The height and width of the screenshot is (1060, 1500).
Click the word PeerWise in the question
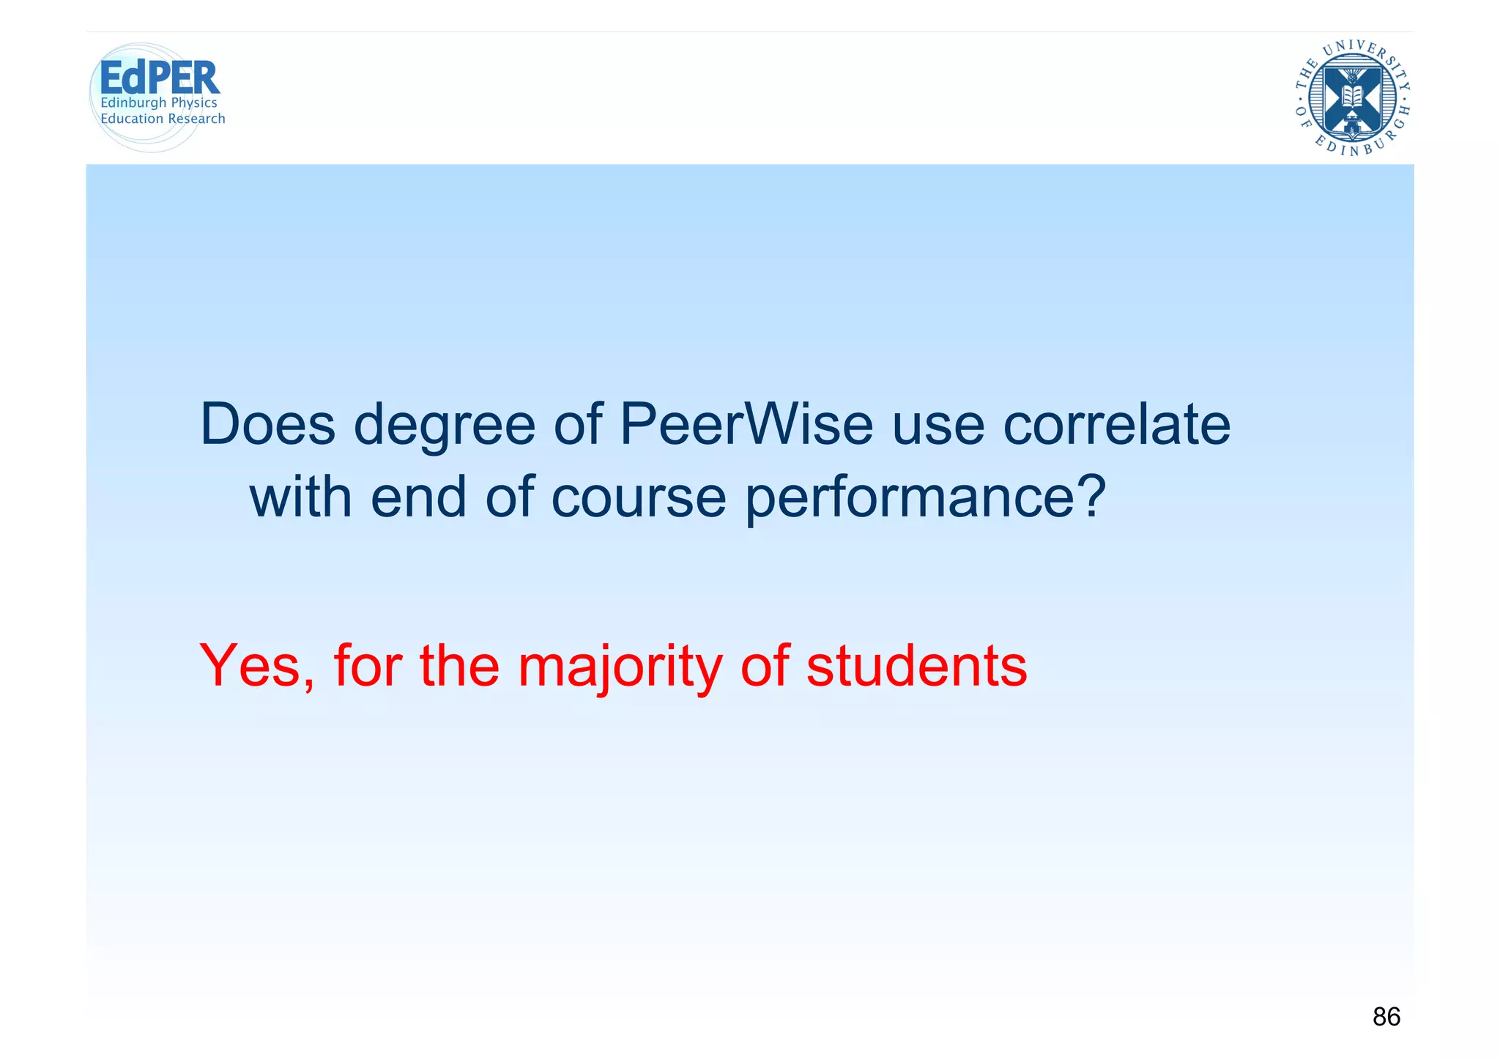[x=746, y=424]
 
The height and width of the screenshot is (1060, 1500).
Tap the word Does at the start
[x=267, y=424]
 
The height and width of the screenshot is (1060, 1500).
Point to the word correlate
[x=1116, y=424]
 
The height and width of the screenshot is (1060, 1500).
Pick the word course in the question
[x=639, y=497]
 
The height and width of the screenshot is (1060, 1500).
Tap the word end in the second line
[x=418, y=496]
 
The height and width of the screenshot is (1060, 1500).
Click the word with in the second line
[x=301, y=496]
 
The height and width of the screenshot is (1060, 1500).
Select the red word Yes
[x=256, y=666]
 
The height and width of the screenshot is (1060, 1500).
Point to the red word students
[x=916, y=666]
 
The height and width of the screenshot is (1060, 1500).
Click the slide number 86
[x=1386, y=1017]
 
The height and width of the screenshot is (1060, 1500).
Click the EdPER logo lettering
[x=159, y=77]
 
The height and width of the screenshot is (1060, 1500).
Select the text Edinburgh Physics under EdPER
[x=159, y=103]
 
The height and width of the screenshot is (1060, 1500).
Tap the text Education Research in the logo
[x=163, y=119]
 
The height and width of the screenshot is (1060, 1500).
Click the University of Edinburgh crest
[x=1352, y=98]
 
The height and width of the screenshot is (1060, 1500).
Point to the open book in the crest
[x=1352, y=96]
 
